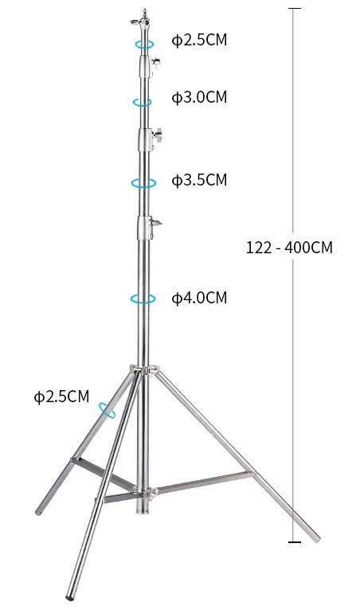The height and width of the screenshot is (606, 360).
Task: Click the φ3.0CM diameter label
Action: coord(200,97)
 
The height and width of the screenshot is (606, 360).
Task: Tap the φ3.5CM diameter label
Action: coord(200,180)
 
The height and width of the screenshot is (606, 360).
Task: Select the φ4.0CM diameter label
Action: coord(200,298)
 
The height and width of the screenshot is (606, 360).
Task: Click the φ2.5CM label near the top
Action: coord(200,40)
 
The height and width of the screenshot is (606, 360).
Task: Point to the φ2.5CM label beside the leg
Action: coord(61,397)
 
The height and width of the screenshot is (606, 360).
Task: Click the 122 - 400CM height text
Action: coord(289,247)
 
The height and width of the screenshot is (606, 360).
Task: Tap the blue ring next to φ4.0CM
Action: coord(143,299)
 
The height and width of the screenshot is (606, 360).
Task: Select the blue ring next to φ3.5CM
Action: coord(143,182)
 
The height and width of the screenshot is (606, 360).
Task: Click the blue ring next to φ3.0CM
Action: coord(143,102)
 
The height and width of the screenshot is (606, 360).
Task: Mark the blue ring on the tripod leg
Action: coord(107,410)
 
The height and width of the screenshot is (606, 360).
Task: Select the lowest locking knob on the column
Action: coord(157,225)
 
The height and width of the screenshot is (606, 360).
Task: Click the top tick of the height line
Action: coord(295,8)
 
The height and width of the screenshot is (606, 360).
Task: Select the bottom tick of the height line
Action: coord(295,542)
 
